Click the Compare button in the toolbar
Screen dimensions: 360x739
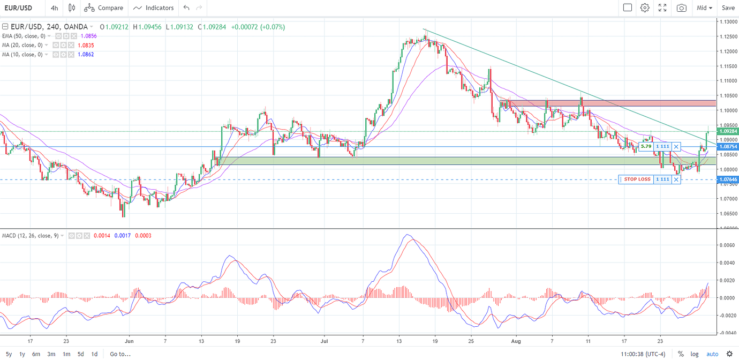(104, 8)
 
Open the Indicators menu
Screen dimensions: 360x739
(154, 8)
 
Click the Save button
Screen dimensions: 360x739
(728, 8)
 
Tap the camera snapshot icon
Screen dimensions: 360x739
(681, 8)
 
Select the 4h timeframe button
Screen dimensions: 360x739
(55, 8)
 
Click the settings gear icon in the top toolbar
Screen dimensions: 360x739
(645, 8)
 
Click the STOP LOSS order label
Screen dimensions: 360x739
(637, 179)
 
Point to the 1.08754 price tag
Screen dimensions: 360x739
(727, 147)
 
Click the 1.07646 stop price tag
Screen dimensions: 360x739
(727, 179)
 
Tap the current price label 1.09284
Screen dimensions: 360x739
(727, 131)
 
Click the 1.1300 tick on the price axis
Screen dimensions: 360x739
(728, 22)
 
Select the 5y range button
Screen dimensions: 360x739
(9, 354)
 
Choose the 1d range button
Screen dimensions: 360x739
(94, 354)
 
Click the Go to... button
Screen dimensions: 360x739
(120, 354)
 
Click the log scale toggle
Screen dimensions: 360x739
(695, 354)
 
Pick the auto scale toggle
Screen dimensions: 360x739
(712, 354)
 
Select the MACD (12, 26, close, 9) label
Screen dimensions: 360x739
(30, 236)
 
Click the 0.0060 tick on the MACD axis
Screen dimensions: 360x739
(728, 245)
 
